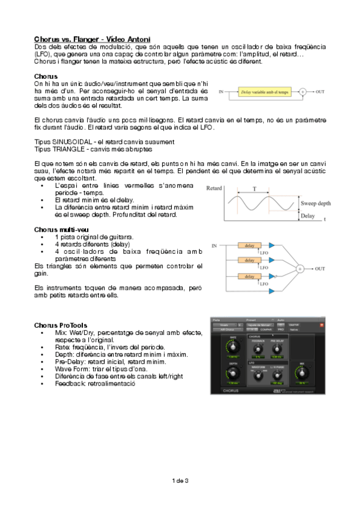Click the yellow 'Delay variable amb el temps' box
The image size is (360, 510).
pyautogui.click(x=265, y=92)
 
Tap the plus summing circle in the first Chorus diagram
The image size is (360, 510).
pyautogui.click(x=303, y=92)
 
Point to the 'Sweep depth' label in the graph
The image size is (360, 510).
pyautogui.click(x=315, y=204)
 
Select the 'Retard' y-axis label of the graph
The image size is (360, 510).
pyautogui.click(x=214, y=188)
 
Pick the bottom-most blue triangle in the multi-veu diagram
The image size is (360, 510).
pyautogui.click(x=272, y=292)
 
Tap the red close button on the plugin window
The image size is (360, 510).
pyautogui.click(x=322, y=325)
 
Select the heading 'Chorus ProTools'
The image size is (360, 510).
pyautogui.click(x=61, y=325)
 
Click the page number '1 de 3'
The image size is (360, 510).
pyautogui.click(x=180, y=481)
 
